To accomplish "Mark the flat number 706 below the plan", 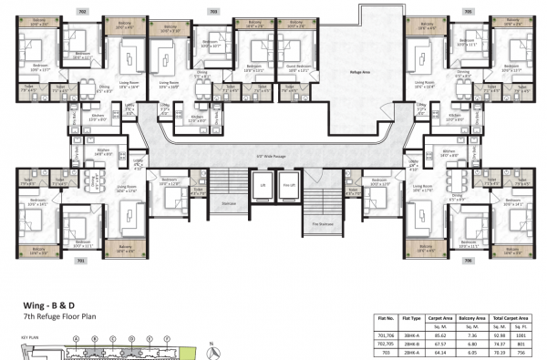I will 470,260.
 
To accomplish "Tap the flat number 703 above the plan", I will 213,10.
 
